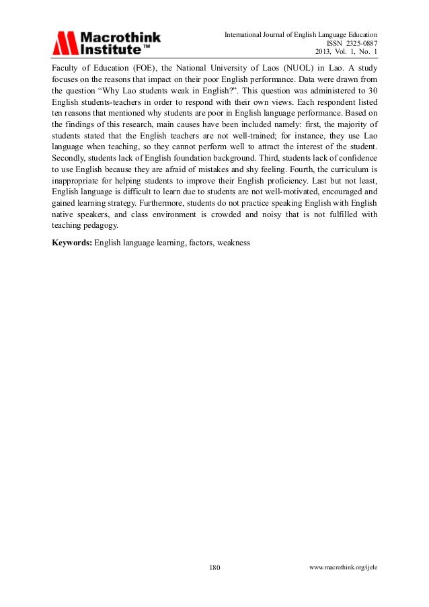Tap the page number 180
pyautogui.click(x=215, y=567)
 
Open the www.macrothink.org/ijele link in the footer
pyautogui.click(x=343, y=567)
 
